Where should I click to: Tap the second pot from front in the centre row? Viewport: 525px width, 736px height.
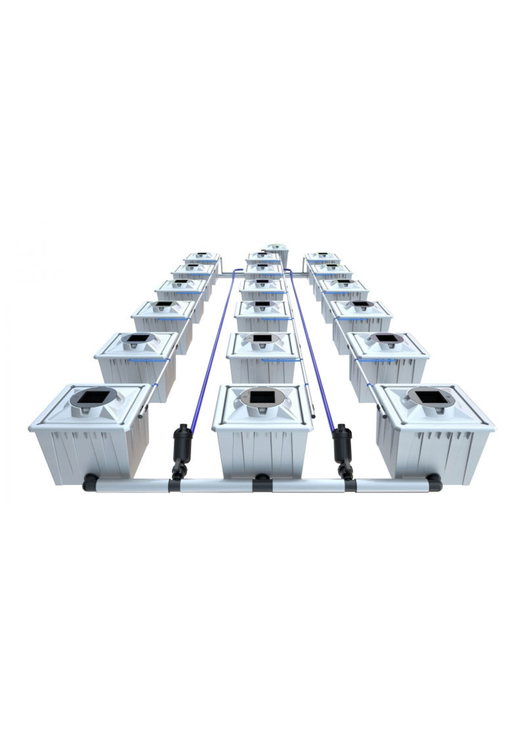coord(262,359)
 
